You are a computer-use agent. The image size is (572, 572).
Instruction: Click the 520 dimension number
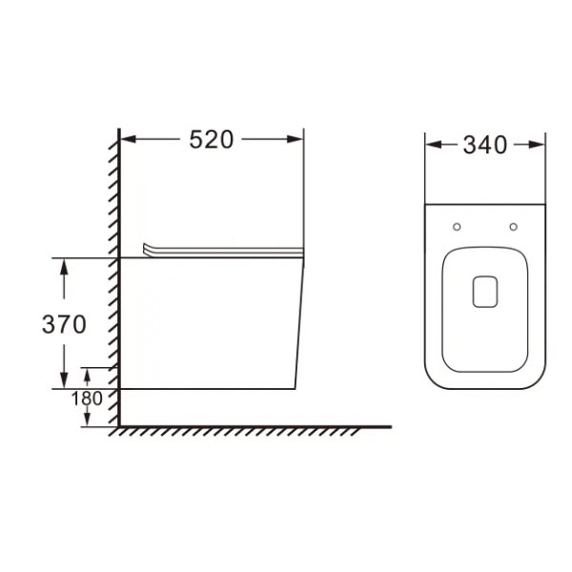tap(211, 139)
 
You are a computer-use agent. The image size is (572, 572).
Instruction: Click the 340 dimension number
tap(484, 145)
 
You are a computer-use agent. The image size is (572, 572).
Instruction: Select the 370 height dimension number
tap(64, 324)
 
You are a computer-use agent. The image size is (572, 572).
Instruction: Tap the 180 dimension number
tap(87, 398)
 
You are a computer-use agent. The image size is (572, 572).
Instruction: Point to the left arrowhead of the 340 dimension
tap(431, 145)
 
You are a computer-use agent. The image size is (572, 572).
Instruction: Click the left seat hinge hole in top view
tap(457, 227)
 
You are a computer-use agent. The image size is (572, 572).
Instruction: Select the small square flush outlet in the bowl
tap(485, 292)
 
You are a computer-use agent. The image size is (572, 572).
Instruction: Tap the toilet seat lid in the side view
tap(224, 250)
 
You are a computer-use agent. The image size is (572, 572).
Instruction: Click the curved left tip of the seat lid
tap(146, 245)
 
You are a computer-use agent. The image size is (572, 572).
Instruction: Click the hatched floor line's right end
tap(390, 426)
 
